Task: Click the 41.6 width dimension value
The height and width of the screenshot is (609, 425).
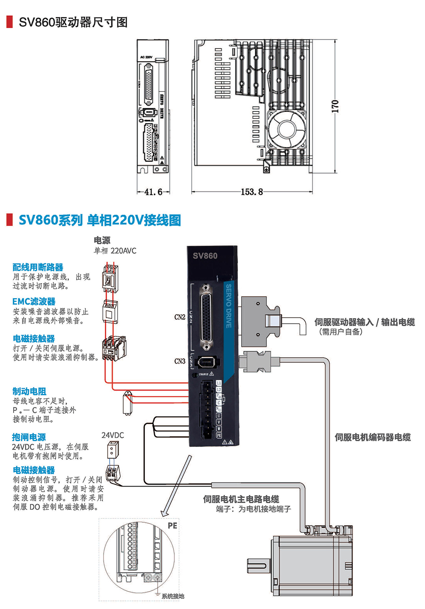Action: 153,192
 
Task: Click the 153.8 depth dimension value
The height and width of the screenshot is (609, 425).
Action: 252,192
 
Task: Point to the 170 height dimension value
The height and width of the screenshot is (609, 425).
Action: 335,106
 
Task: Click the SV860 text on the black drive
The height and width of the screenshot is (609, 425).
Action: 205,256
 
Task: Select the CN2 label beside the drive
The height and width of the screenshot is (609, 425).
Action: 180,317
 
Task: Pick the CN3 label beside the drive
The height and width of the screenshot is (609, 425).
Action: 180,361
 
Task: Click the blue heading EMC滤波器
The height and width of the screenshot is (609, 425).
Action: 34,302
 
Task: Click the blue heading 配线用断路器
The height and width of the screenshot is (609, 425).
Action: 38,267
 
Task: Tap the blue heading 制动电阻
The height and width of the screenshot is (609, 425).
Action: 29,391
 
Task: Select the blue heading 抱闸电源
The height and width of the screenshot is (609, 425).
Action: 29,437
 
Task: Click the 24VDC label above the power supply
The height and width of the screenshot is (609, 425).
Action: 113,435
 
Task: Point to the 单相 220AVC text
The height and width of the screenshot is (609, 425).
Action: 115,251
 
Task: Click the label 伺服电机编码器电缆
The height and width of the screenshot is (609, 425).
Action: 372,437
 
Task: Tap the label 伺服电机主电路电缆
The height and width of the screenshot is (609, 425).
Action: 241,499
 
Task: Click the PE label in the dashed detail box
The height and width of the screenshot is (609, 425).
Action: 172,526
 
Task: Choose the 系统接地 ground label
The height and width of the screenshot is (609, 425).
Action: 173,596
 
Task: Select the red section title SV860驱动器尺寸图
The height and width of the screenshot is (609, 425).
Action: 73,22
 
